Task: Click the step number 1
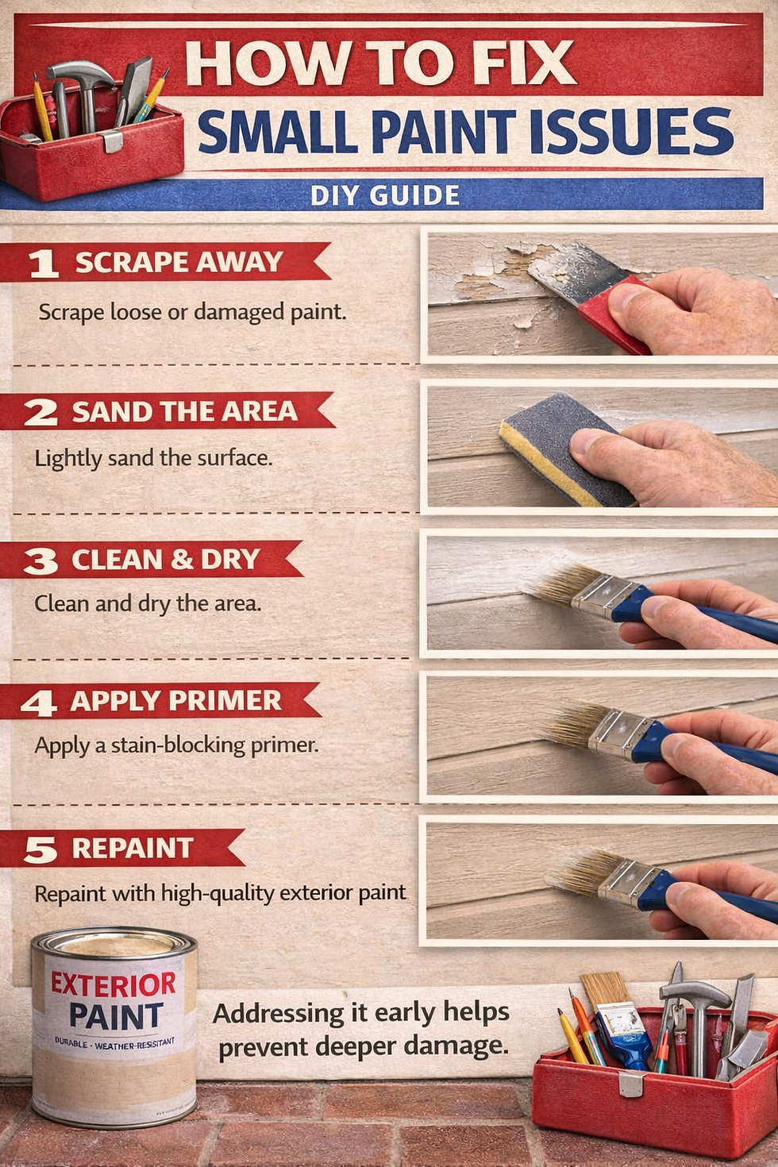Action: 43,264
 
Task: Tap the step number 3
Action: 40,561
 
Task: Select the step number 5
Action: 40,850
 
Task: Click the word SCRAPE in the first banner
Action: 131,262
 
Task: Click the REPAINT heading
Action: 133,848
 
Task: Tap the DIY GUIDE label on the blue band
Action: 385,195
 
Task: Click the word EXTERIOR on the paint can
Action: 114,984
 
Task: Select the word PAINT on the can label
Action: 116,1017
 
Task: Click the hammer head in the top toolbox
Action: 79,75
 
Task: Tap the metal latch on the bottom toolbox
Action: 631,1084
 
